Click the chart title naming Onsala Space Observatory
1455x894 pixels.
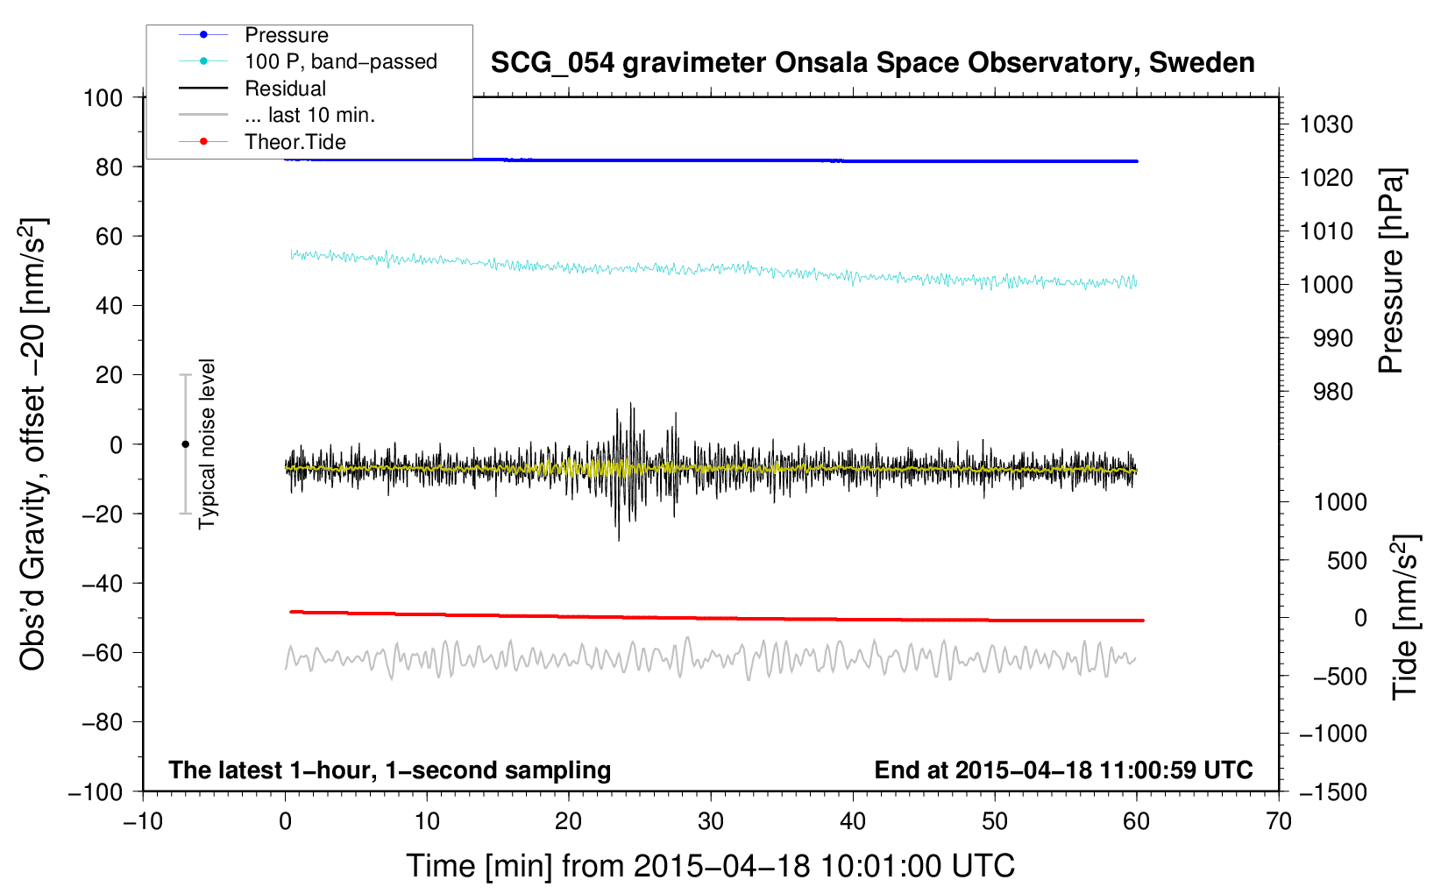click(872, 63)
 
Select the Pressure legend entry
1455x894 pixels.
click(286, 35)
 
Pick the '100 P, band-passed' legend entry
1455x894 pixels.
click(340, 61)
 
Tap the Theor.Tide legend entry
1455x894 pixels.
click(295, 142)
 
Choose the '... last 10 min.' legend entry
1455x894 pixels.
click(309, 115)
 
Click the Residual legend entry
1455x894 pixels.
click(285, 89)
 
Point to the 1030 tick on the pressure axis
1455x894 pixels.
click(1325, 124)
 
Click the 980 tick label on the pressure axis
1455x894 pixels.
click(1332, 392)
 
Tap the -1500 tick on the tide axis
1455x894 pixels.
click(1332, 791)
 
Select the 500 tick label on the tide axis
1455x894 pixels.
click(1346, 560)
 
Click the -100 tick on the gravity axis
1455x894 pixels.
click(96, 791)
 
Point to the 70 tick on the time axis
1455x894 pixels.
click(1279, 821)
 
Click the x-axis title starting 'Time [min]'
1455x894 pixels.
click(710, 866)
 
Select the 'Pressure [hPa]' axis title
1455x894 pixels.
click(1390, 272)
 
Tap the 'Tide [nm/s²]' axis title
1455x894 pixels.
click(1405, 617)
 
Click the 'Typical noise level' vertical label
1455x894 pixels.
click(207, 443)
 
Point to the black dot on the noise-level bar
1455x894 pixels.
click(185, 444)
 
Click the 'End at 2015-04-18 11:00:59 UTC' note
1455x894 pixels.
click(1063, 770)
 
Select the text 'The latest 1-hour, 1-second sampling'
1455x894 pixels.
click(389, 770)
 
